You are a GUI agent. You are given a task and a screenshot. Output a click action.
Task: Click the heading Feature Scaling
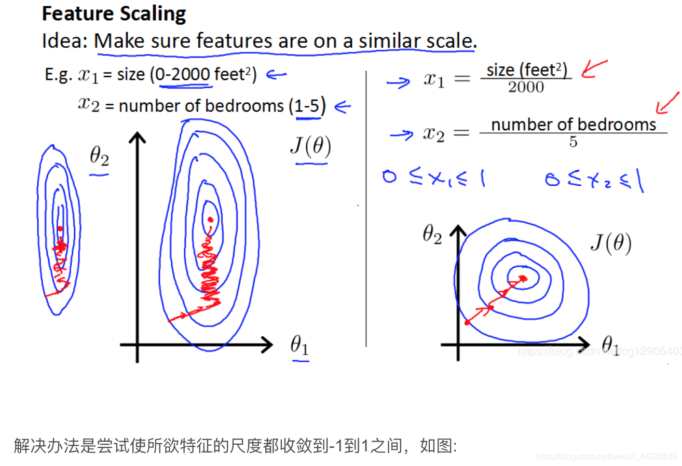pos(114,14)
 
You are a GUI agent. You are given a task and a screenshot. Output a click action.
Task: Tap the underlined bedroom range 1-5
pos(308,106)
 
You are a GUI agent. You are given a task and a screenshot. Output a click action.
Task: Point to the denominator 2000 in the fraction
pos(526,87)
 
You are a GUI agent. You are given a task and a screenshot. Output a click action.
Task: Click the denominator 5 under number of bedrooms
pos(573,142)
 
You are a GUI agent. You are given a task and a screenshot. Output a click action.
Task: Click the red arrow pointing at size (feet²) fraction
pos(594,68)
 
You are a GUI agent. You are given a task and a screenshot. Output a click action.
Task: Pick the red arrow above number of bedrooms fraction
pos(667,103)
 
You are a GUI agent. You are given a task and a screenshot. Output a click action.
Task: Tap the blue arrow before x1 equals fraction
pos(399,82)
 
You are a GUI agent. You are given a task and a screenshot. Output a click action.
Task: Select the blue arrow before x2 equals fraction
pos(402,135)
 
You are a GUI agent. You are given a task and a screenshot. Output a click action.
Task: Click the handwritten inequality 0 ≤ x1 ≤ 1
pos(433,179)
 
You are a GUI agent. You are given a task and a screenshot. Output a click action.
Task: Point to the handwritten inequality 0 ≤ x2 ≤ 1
pos(594,180)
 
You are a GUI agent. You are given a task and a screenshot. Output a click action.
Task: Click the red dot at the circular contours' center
pos(523,279)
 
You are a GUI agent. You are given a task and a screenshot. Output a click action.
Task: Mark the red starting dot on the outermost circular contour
pos(467,323)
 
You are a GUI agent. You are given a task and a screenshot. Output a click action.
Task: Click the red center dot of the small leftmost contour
pos(60,228)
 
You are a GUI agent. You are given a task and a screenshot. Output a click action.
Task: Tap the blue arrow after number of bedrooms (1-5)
pos(343,107)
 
